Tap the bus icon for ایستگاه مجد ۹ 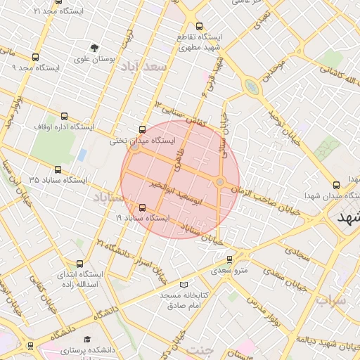point(35,58)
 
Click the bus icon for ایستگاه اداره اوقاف point(65,117)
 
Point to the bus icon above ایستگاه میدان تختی point(143,129)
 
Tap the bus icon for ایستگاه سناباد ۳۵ point(58,169)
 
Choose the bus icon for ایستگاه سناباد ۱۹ point(143,207)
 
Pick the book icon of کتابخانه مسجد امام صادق point(184,285)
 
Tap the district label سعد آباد point(143,67)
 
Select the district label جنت point(202,349)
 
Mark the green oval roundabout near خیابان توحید point(251,86)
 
